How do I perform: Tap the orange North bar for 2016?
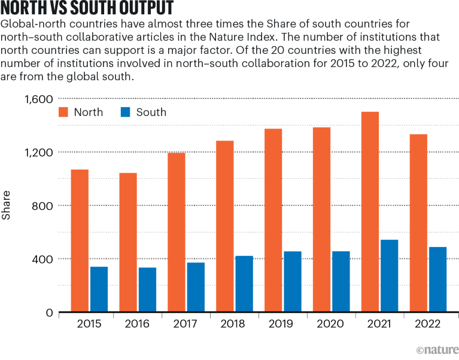(128, 243)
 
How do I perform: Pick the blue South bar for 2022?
(437, 280)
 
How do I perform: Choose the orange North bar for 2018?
(225, 227)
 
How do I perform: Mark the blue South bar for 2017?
(196, 288)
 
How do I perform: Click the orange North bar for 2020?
(322, 220)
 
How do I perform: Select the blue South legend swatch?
(127, 112)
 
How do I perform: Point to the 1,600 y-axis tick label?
(38, 99)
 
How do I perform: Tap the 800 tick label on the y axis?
(42, 206)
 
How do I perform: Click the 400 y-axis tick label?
(42, 259)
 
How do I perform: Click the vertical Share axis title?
(7, 205)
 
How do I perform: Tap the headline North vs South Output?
(88, 9)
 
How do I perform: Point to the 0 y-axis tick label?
(50, 313)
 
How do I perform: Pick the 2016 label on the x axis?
(138, 324)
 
